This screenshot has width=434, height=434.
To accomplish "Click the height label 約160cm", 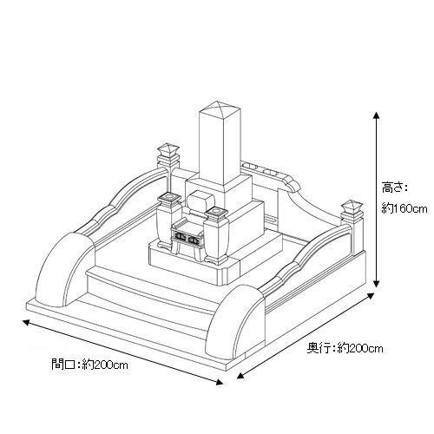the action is click(404, 208).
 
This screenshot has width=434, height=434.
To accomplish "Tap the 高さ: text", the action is click(394, 187).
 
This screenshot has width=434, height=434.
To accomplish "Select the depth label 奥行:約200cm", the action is click(345, 348).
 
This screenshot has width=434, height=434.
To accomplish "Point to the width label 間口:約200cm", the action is click(89, 365).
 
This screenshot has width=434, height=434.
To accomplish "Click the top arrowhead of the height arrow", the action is click(376, 115).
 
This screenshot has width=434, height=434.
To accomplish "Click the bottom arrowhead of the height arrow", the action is click(376, 284).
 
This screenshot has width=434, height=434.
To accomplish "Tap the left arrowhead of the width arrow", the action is click(26, 322).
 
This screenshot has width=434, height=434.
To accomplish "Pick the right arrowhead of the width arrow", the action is click(220, 382).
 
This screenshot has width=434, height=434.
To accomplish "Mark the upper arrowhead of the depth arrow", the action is click(372, 296).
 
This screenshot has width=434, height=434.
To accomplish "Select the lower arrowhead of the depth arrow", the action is click(240, 375).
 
